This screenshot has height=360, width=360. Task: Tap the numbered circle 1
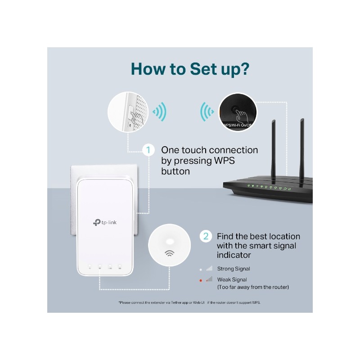point(148,150)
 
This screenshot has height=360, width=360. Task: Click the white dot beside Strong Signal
point(201,269)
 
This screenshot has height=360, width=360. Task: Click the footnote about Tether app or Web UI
point(189,302)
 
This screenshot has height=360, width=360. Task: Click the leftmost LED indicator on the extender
point(89,265)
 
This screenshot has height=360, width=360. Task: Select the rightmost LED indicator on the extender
point(120,265)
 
